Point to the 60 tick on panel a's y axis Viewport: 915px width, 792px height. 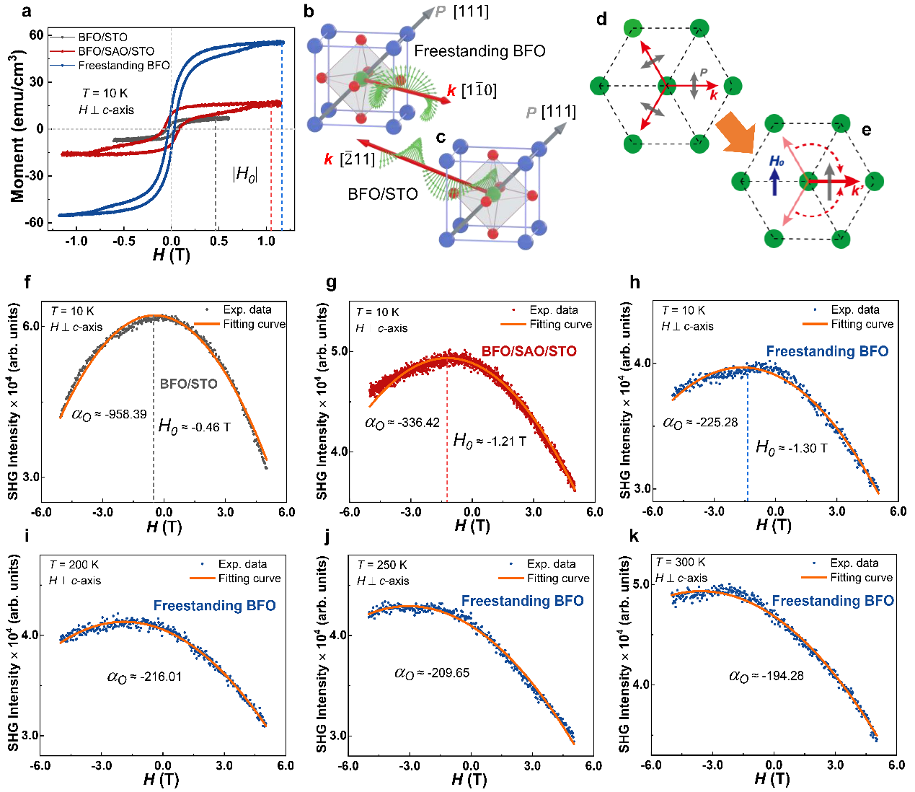click(x=35, y=35)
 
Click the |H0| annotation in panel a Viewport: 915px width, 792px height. click(x=245, y=174)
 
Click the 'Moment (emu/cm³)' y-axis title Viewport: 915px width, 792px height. click(x=18, y=127)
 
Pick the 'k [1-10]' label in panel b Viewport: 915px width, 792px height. click(x=472, y=91)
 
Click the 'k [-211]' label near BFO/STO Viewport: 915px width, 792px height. click(x=350, y=159)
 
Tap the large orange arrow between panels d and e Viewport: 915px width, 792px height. click(x=735, y=137)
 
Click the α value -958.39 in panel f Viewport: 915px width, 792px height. click(x=109, y=415)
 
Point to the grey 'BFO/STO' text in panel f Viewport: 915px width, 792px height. click(x=189, y=384)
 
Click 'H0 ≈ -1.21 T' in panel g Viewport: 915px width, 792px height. click(x=489, y=441)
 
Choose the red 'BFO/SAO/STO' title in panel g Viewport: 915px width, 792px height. click(x=529, y=352)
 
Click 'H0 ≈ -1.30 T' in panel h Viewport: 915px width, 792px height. click(x=791, y=448)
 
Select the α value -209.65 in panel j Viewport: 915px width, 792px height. click(x=432, y=673)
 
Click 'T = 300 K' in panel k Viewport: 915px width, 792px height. click(x=680, y=563)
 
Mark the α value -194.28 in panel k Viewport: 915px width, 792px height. click(x=766, y=676)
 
